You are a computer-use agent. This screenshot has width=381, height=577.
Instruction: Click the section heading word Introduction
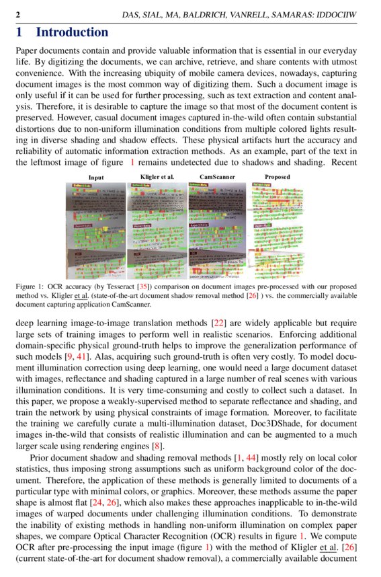coord(71,32)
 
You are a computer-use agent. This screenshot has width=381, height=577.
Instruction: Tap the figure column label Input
coord(96,177)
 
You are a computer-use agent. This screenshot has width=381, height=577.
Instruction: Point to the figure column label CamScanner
coord(216,177)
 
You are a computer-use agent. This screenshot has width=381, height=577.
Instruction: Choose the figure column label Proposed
coord(277,177)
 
